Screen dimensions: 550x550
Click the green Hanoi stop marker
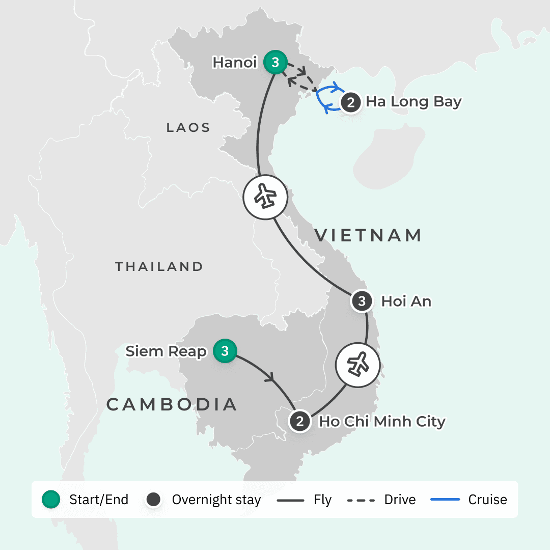275,63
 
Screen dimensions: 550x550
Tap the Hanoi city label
235,63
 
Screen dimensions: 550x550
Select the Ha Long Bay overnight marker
350,102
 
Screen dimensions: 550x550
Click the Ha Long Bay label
413,102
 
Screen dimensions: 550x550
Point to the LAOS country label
188,128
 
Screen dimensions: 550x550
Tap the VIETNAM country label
368,235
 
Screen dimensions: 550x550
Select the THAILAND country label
159,266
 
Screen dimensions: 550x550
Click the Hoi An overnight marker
362,301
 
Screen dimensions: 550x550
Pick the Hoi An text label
406,301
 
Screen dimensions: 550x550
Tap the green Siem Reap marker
225,351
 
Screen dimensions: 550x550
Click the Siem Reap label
166,351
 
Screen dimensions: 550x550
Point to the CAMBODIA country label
172,404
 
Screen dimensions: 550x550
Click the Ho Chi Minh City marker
300,422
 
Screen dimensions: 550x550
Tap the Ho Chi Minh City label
382,422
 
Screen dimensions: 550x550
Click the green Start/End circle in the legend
51,500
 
